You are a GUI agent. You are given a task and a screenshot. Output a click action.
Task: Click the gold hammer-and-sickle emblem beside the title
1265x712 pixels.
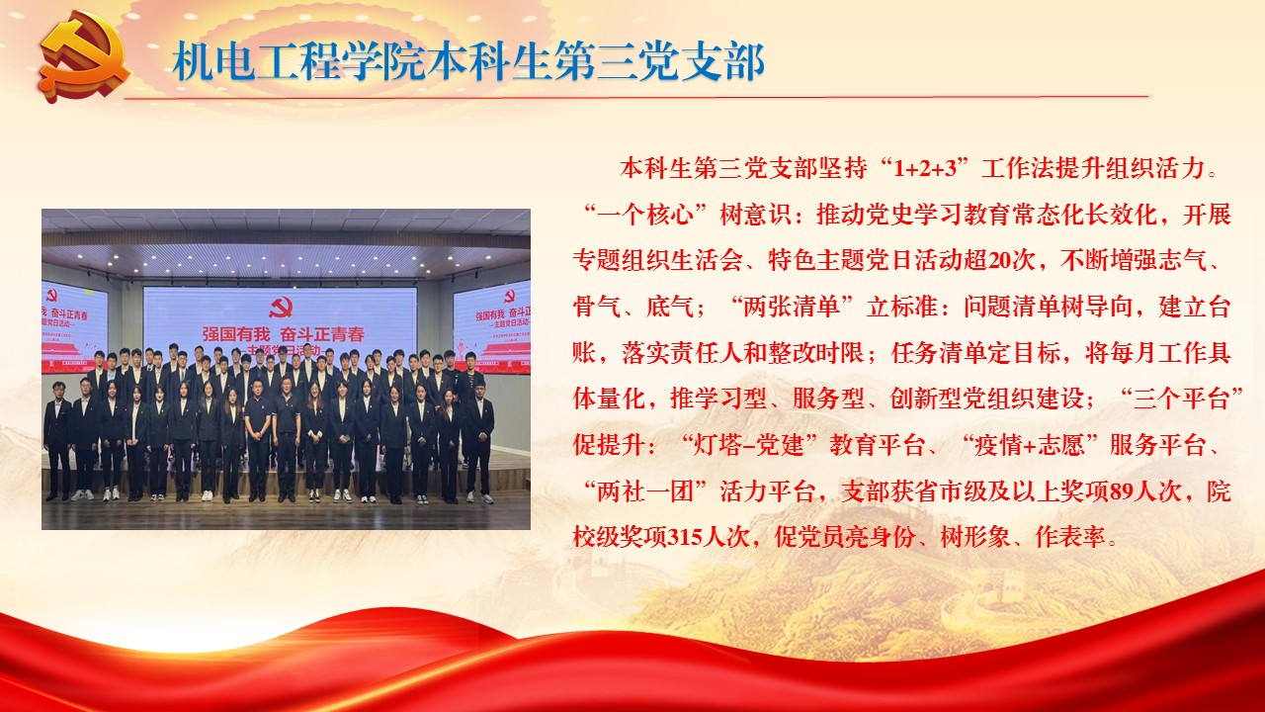pos(85,57)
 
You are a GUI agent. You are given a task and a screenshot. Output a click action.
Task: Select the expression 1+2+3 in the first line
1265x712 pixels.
pos(926,168)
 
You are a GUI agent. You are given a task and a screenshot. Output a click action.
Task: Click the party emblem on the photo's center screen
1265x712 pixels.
pos(281,309)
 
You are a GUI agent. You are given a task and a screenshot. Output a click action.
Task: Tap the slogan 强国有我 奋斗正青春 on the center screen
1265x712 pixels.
pos(283,334)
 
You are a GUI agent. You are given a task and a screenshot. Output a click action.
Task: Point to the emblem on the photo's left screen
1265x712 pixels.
pos(52,295)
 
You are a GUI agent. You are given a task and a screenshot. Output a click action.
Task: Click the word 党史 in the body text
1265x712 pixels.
pos(889,215)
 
